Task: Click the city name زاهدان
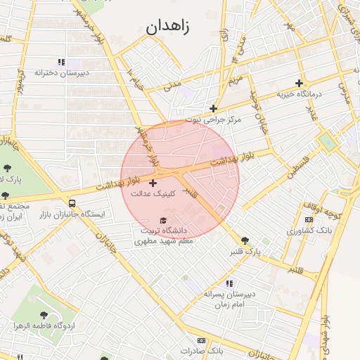point(169,27)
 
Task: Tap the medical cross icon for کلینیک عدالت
point(153,183)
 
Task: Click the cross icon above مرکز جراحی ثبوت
point(213,108)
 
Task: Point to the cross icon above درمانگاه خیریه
point(300,83)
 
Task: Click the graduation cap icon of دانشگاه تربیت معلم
point(163,221)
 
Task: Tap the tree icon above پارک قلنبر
point(245,240)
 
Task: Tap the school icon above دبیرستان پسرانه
point(230,283)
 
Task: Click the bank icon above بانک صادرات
point(202,340)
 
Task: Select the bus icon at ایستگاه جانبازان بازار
point(73,202)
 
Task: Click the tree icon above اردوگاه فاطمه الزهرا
point(44,316)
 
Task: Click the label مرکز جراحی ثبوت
point(213,120)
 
